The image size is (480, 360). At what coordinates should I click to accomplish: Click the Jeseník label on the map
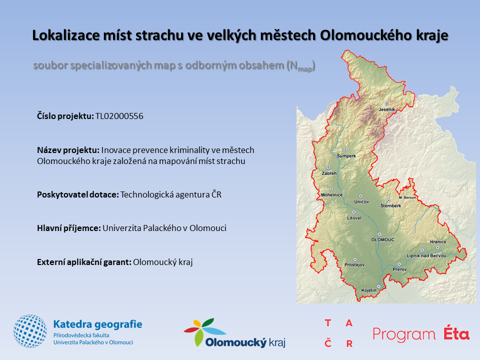tap(386, 109)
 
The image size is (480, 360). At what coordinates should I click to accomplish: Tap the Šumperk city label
tap(346, 156)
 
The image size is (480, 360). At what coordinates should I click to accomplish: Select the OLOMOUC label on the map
tap(382, 239)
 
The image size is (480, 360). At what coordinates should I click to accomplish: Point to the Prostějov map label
tap(354, 265)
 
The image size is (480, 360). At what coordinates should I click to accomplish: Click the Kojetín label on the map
tap(369, 290)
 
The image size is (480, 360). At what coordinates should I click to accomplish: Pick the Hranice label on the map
tap(438, 242)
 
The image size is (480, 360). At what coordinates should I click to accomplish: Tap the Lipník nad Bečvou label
tap(426, 255)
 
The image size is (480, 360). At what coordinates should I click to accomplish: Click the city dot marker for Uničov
tap(360, 196)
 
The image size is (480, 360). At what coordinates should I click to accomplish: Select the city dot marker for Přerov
tap(399, 264)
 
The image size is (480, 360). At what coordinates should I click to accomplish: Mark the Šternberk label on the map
tap(390, 205)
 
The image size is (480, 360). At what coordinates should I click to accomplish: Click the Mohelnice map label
tap(331, 194)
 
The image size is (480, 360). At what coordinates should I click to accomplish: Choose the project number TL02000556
tap(119, 116)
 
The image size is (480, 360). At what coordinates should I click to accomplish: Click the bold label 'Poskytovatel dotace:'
tap(78, 194)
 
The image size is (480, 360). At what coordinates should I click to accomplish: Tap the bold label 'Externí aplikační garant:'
tap(84, 262)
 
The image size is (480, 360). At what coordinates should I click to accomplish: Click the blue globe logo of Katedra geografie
tap(30, 331)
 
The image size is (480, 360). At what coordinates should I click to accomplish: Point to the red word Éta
tap(456, 333)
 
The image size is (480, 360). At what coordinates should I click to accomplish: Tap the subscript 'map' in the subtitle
tap(305, 69)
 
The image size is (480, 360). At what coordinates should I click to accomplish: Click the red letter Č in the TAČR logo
tap(328, 342)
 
